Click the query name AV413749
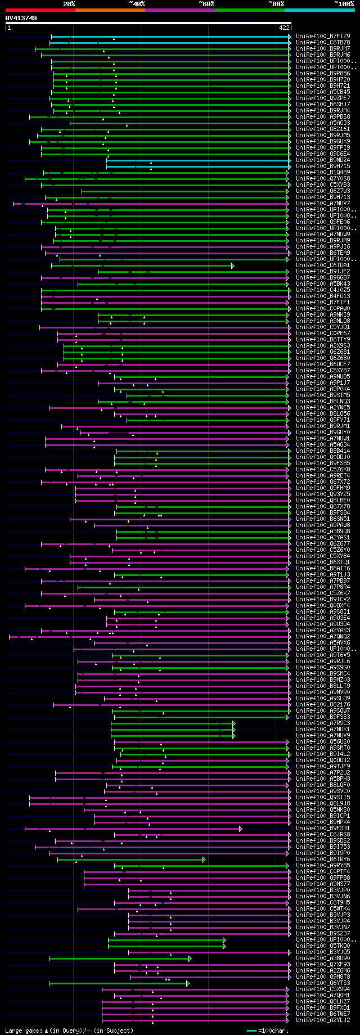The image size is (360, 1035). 21,18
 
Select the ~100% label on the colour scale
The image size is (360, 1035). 344,3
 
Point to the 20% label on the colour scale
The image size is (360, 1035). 69,3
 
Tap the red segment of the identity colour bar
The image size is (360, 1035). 40,10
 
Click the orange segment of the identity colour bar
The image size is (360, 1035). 110,10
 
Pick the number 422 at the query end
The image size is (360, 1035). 284,27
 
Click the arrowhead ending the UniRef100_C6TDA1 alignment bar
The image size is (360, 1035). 232,265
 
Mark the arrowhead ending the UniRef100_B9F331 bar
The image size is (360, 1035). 241,828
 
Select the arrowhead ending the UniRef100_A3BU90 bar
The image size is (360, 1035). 190,958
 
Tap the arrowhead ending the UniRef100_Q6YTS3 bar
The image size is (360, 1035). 188,983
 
